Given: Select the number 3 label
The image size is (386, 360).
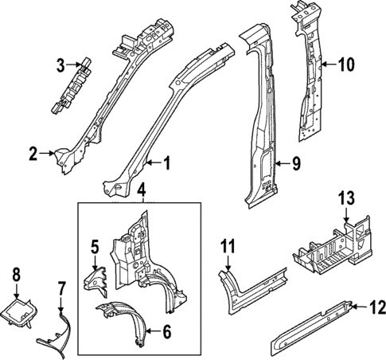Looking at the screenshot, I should click(60, 65).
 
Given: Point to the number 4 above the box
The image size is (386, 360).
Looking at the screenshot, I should click(141, 191).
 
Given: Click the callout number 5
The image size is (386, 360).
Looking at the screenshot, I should click(93, 248).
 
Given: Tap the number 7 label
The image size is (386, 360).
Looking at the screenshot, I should click(62, 288).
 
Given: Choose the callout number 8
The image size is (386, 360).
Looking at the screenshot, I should click(16, 276).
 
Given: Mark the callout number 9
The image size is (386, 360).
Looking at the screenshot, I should click(295, 164).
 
